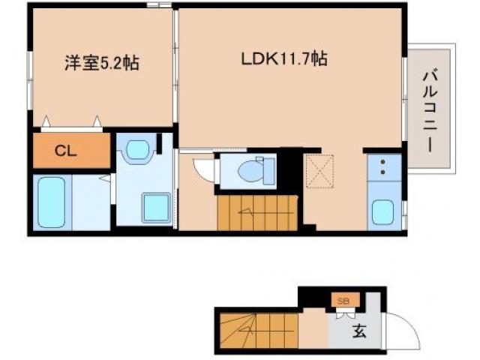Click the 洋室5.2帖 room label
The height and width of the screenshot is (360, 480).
point(100,61)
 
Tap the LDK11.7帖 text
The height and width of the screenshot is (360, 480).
point(283,58)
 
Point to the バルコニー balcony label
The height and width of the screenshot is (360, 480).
point(429,109)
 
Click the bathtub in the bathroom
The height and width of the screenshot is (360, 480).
point(51,200)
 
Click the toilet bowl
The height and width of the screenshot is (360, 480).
point(249,172)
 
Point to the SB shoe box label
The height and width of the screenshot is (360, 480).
point(343,301)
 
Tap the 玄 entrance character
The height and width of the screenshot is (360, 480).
point(360,330)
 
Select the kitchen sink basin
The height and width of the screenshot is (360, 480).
point(382,212)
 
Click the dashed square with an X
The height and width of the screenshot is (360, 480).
point(323,173)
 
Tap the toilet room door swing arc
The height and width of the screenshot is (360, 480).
point(202,169)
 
